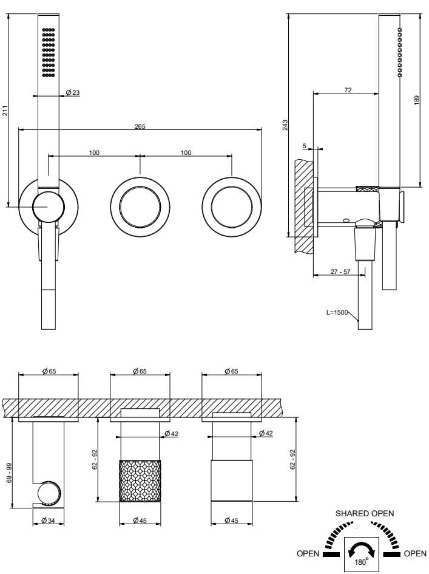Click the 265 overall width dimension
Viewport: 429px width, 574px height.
coord(140,126)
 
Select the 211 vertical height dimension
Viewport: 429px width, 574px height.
coord(5,111)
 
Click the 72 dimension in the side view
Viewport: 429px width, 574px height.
coord(348,90)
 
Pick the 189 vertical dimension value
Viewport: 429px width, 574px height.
coord(417,99)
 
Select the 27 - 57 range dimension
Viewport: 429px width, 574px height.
coord(340,272)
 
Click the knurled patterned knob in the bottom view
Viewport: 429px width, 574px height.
coord(140,480)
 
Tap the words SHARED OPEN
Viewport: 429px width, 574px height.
coord(365,513)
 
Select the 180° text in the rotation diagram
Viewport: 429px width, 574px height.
coord(361,562)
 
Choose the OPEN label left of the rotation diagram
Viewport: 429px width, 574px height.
coord(308,553)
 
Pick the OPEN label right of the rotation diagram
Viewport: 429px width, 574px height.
coord(415,553)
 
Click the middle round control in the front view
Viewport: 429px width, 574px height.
coord(140,205)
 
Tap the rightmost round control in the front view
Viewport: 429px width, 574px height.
coord(232,205)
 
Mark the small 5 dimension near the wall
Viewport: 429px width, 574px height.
coord(304,146)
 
